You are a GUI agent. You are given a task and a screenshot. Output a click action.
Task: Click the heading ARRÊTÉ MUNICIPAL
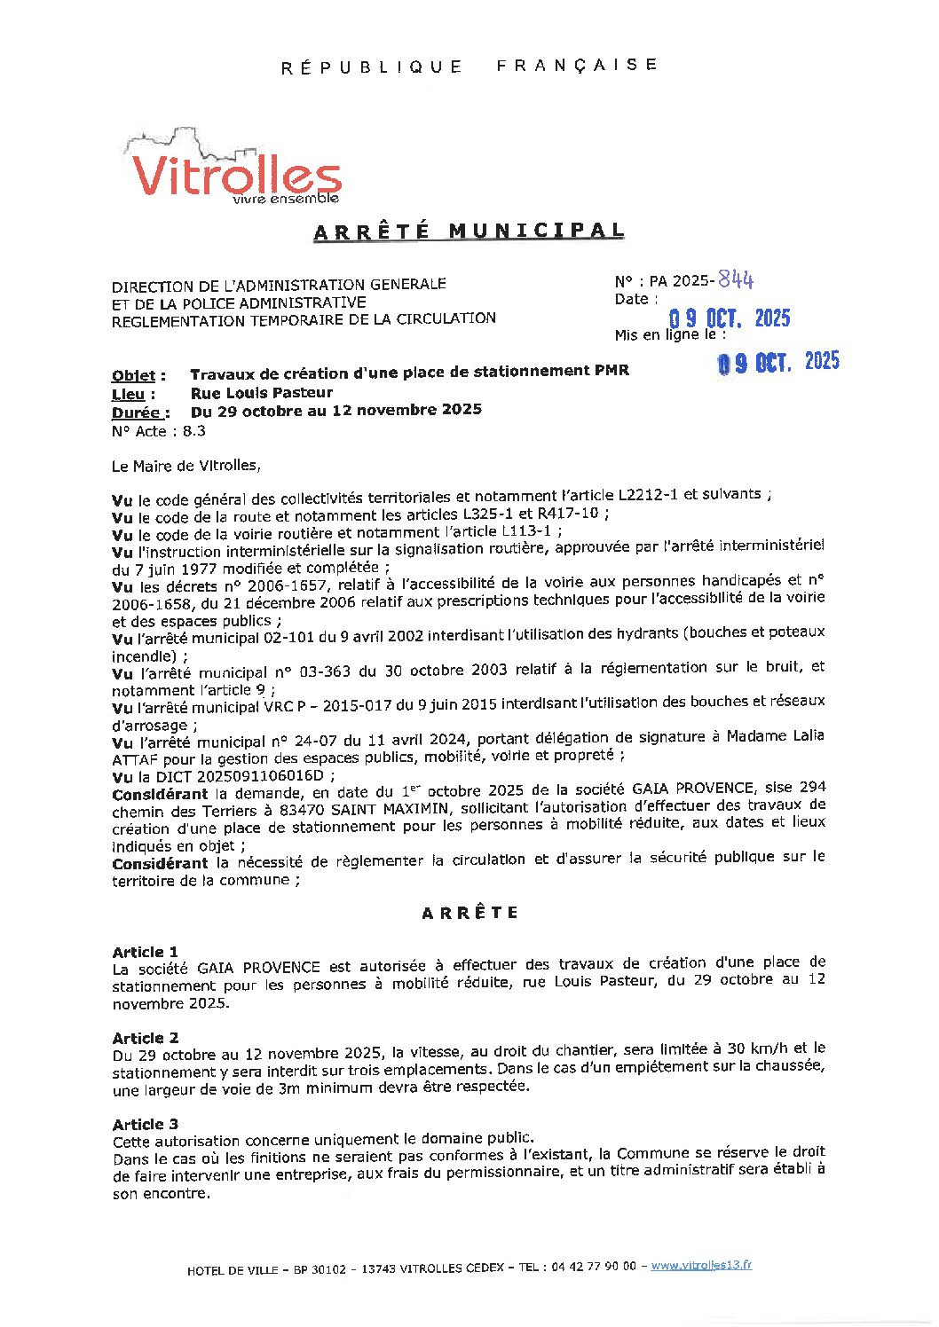[x=469, y=232]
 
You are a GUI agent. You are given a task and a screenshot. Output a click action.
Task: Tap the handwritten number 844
[x=736, y=279]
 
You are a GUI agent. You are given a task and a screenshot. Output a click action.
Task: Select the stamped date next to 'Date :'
[x=729, y=318]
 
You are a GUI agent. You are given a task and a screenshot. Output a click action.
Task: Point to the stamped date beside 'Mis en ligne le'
[x=778, y=361]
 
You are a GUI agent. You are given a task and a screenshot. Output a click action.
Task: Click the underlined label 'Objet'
[x=134, y=375]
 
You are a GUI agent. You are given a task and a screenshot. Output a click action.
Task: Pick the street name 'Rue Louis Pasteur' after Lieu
[x=262, y=392]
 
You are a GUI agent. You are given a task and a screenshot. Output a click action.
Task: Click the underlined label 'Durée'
[x=137, y=412]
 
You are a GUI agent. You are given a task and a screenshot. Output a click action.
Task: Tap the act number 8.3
[x=193, y=431]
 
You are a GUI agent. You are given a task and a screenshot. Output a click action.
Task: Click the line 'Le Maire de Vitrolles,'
[x=186, y=465]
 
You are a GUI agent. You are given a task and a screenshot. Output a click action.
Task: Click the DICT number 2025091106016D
[x=260, y=775]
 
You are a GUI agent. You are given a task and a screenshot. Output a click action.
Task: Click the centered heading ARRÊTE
[x=469, y=913]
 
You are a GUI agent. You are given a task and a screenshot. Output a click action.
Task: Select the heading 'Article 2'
[x=146, y=1038]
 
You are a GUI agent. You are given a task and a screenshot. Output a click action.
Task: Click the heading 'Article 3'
[x=146, y=1124]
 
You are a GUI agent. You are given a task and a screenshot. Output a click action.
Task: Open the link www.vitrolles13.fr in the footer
[x=701, y=1265]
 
